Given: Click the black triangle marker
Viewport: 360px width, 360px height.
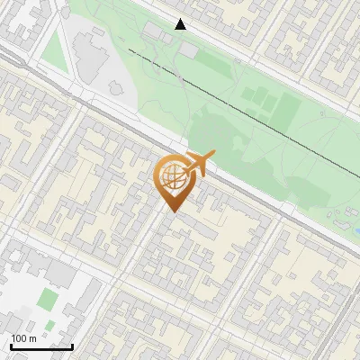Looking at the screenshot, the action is (181, 24).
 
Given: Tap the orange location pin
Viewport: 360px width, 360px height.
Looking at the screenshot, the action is (172, 184).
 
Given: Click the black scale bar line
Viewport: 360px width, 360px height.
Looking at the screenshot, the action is (41, 346).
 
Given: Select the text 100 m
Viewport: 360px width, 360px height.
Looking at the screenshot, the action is (23, 338).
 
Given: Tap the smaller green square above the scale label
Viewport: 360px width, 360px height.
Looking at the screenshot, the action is (49, 324).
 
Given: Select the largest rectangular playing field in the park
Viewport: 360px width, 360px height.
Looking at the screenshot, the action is (287, 109).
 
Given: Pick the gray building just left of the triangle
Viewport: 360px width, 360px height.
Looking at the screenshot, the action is (155, 32).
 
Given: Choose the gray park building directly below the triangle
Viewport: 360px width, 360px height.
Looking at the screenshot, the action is (187, 50).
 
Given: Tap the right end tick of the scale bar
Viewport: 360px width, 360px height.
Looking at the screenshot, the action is (72, 346).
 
